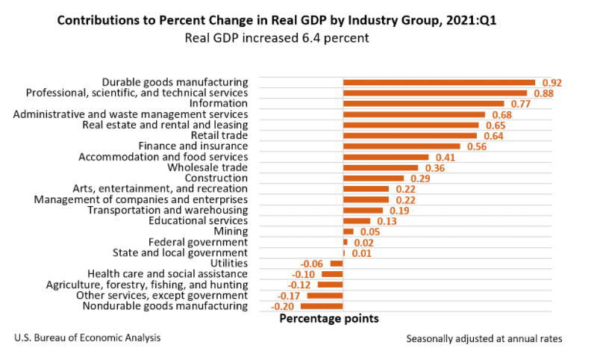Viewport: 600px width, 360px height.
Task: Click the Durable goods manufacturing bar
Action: tap(439, 82)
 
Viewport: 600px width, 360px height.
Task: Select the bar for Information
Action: tap(423, 104)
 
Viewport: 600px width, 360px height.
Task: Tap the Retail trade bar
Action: tap(410, 136)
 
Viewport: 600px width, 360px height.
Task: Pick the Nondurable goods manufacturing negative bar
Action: tap(322, 306)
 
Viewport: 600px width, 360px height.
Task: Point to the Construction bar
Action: tap(373, 179)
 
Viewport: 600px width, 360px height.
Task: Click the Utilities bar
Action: tap(337, 264)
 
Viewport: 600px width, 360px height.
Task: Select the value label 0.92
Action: tap(551, 83)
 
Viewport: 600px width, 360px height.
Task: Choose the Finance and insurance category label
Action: tap(193, 146)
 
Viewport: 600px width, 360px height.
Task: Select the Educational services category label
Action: tap(198, 221)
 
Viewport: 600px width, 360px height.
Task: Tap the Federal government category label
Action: tap(198, 243)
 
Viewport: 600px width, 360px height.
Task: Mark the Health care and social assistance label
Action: tap(167, 274)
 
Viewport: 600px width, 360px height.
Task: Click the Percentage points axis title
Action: tap(328, 319)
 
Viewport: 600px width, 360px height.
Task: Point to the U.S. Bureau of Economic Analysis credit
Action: tap(87, 338)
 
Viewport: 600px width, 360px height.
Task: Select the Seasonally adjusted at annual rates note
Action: tap(484, 339)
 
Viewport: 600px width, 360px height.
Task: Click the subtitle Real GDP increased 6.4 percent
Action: tap(277, 38)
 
